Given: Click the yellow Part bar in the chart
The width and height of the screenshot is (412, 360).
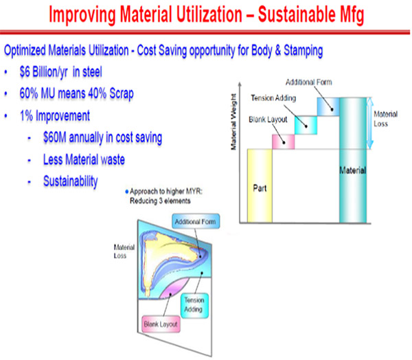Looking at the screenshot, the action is [260, 186].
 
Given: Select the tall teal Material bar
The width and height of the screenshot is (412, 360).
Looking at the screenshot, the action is [353, 160].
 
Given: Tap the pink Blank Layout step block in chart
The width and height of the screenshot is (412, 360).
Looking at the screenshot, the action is [283, 142].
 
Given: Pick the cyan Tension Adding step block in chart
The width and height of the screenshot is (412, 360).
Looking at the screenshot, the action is [306, 125].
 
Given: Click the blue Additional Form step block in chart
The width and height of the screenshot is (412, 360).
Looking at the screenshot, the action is [328, 106].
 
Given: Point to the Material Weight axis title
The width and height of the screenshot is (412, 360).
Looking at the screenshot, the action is [233, 122].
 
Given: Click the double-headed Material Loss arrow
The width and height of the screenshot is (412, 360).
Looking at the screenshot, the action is [369, 123].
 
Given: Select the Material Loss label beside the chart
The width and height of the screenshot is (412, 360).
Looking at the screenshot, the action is [385, 119].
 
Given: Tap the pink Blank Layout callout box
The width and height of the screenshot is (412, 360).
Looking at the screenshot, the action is [161, 324].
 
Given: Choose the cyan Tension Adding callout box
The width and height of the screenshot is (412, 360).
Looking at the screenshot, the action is [194, 306].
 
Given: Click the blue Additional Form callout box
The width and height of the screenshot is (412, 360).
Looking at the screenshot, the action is [196, 221].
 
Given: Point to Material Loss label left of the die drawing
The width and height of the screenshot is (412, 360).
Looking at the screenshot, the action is [124, 251].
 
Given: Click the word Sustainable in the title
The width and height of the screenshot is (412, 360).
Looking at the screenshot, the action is [297, 14].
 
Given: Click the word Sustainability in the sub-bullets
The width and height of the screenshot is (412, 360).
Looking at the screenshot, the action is [71, 181].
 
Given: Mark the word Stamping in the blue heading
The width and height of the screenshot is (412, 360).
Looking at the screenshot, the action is [304, 50].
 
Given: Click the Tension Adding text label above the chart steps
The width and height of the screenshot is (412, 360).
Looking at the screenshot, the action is [273, 98].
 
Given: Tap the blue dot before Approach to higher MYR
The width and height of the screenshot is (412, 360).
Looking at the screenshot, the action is [127, 192].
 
